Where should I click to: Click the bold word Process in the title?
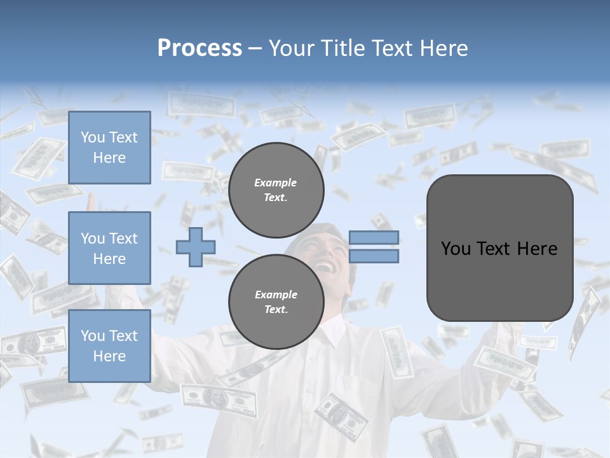pyautogui.click(x=200, y=48)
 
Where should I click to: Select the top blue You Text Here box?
pyautogui.click(x=109, y=148)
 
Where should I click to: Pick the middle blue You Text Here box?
pyautogui.click(x=109, y=248)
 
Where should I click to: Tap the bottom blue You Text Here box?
pyautogui.click(x=109, y=346)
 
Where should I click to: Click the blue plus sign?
pyautogui.click(x=195, y=247)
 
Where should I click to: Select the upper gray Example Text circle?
pyautogui.click(x=276, y=190)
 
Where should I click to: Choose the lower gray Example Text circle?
pyautogui.click(x=276, y=302)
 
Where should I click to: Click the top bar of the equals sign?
pyautogui.click(x=374, y=238)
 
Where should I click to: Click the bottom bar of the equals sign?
pyautogui.click(x=374, y=256)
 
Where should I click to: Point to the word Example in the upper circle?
pyautogui.click(x=276, y=183)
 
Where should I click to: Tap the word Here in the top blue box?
pyautogui.click(x=109, y=158)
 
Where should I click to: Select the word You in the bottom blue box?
pyautogui.click(x=92, y=336)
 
